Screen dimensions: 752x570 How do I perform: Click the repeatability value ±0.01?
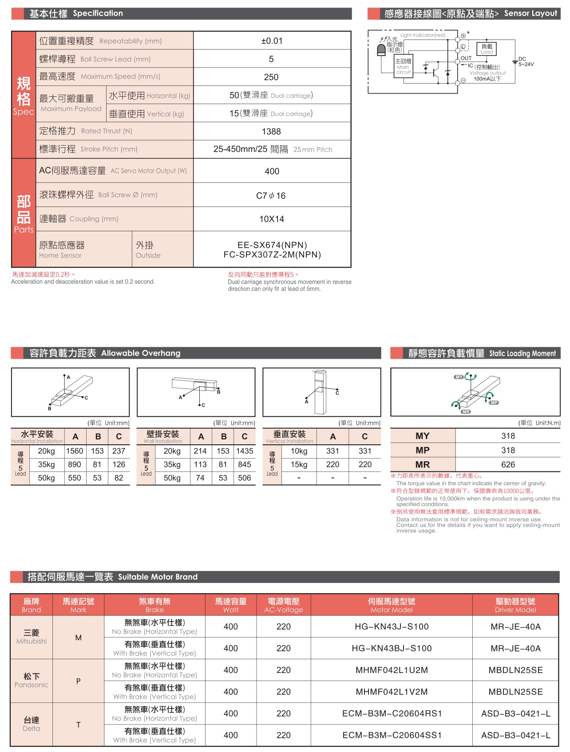272,41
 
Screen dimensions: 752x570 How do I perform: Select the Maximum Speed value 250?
271,77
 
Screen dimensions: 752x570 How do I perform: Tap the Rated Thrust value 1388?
271,131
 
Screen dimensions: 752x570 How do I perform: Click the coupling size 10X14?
272,219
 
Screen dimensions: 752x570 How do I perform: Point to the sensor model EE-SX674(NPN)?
272,245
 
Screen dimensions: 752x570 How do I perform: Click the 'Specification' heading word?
98,13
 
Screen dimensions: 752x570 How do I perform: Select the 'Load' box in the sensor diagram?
487,49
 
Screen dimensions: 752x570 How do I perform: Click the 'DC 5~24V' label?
526,62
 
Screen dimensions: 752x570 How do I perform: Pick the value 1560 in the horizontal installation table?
75,451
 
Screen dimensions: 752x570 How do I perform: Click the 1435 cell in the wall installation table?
245,451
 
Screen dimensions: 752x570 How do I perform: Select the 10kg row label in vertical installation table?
299,451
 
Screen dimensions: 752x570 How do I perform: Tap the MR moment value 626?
508,465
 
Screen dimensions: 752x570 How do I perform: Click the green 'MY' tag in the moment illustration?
459,377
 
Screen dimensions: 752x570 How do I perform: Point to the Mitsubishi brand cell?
32,637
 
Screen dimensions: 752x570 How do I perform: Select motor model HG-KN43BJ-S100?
392,649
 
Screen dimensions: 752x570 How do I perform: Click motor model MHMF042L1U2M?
392,670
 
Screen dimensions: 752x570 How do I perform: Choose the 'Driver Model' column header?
515,605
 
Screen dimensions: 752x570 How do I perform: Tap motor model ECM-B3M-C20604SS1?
392,736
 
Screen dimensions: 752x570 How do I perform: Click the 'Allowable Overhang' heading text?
141,353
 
